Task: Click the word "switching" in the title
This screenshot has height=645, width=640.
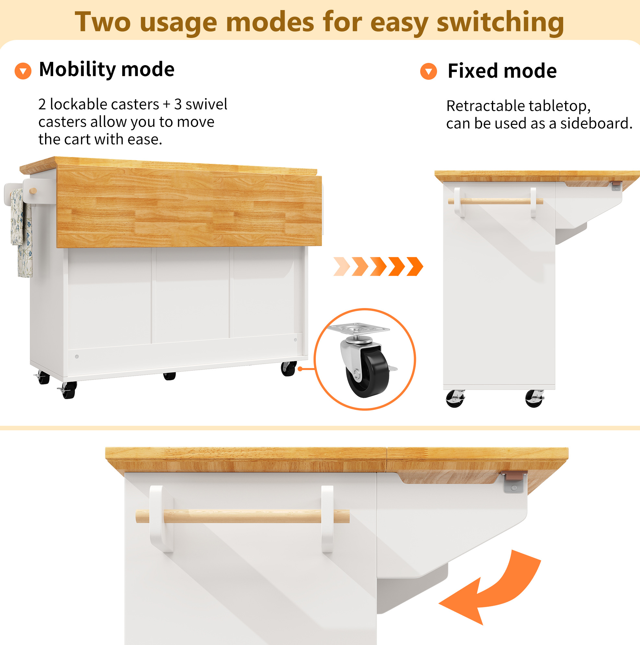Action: coord(500,22)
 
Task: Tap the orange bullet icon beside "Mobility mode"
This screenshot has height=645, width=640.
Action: coord(23,71)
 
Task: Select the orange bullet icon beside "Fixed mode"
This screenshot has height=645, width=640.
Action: coord(428,71)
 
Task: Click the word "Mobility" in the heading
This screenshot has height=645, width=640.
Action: coord(77,69)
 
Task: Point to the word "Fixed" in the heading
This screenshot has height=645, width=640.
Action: coord(472,71)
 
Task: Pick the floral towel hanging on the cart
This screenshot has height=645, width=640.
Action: coord(21,233)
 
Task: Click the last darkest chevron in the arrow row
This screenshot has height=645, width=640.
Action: coord(415,267)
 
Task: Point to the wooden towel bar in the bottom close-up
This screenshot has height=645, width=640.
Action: coord(243,516)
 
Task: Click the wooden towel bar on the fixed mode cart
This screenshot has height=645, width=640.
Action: coord(495,201)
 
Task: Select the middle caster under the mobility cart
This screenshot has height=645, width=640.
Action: coord(169,376)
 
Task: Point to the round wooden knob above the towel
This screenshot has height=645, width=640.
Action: coord(33,191)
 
